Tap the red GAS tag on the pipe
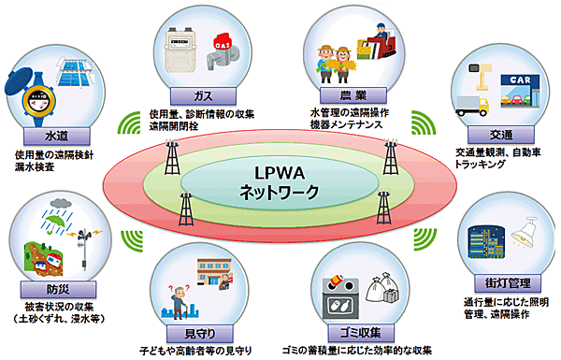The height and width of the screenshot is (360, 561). [223, 42]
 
